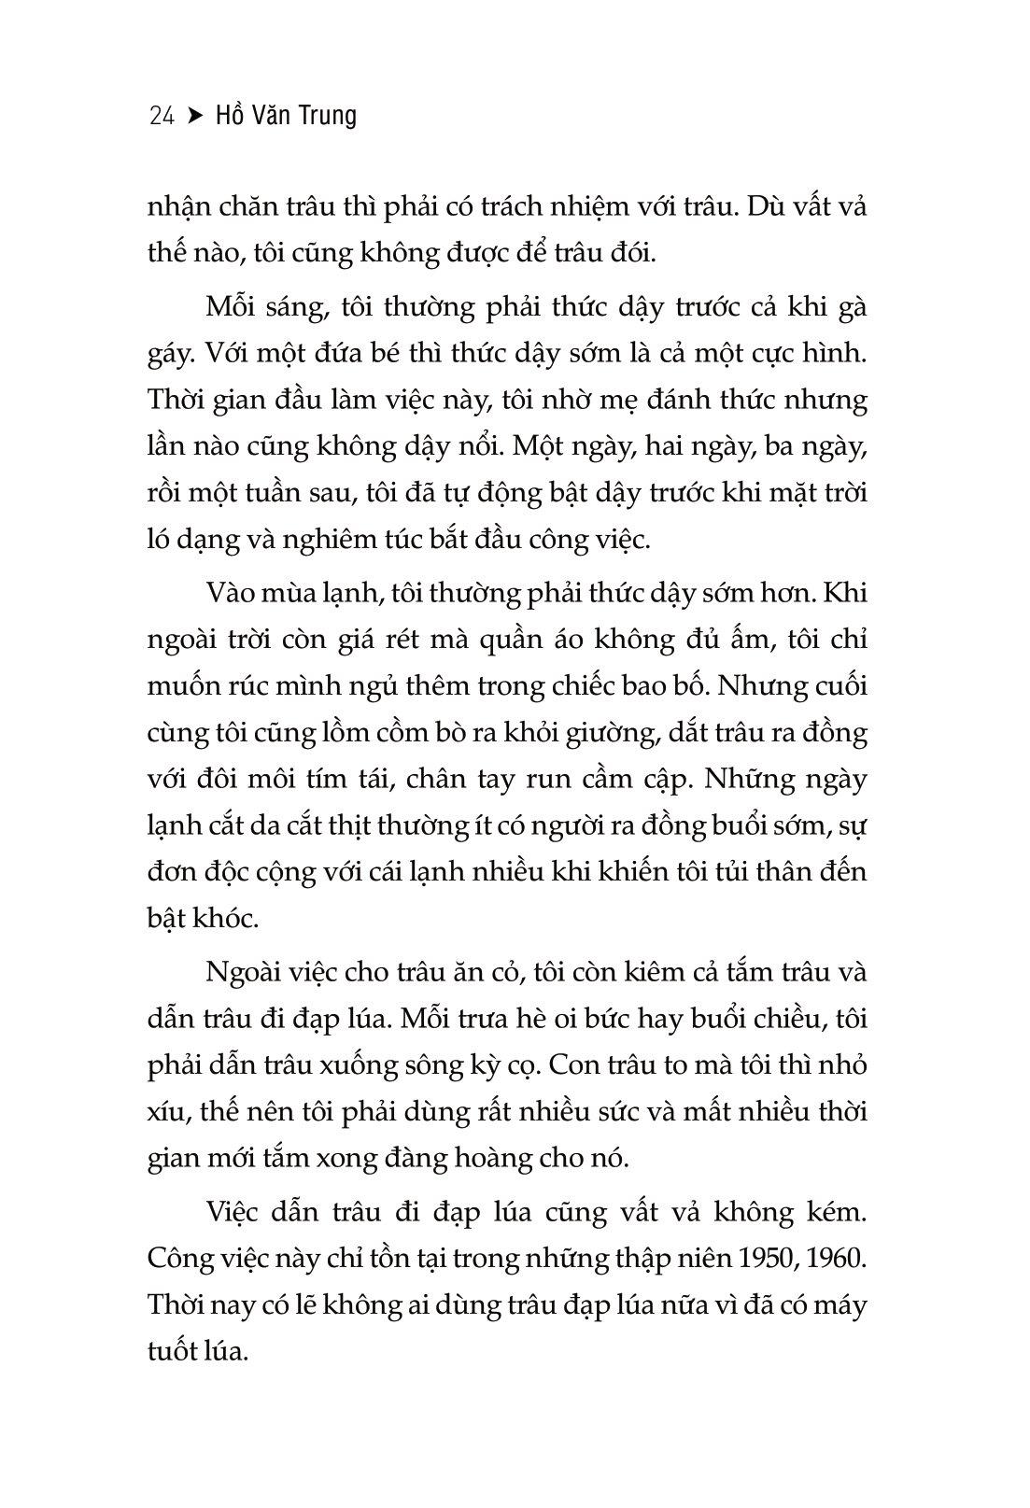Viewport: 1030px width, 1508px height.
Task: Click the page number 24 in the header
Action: (162, 116)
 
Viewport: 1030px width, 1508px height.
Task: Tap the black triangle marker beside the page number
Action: (194, 116)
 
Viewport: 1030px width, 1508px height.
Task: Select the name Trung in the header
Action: (325, 116)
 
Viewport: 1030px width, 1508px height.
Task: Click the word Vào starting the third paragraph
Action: (234, 593)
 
